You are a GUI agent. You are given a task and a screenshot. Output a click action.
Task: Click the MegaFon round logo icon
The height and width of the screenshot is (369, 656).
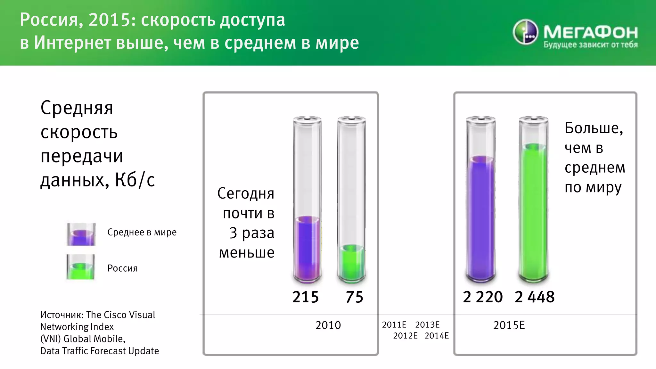(x=525, y=32)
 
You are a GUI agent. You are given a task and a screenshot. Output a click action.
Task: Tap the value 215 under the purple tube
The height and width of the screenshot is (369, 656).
(x=305, y=297)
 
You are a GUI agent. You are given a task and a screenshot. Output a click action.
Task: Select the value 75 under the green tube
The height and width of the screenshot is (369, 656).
(x=354, y=297)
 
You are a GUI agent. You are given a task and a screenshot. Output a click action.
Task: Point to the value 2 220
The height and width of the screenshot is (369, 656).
(x=483, y=297)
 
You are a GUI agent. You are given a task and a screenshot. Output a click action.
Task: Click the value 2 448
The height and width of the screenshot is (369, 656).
(x=535, y=297)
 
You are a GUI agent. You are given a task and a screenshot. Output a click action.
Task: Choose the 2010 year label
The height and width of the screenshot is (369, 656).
(x=328, y=325)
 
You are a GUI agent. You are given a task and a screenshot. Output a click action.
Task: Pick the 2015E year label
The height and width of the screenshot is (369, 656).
(x=509, y=325)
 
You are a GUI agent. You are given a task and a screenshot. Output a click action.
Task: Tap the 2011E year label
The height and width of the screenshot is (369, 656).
(x=394, y=325)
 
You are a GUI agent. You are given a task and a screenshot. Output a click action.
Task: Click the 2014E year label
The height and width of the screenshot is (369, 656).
(x=437, y=336)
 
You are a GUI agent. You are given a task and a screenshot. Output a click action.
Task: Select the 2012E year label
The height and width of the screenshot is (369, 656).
(x=405, y=336)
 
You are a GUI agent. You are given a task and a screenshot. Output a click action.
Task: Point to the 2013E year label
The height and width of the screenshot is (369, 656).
(x=427, y=325)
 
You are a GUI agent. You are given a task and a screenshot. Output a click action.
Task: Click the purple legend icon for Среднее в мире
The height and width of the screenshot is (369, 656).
(x=81, y=234)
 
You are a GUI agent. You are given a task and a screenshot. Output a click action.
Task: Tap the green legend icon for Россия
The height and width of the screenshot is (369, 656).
(x=81, y=267)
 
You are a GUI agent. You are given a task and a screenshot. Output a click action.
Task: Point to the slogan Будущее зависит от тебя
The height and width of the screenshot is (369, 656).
(x=590, y=45)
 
